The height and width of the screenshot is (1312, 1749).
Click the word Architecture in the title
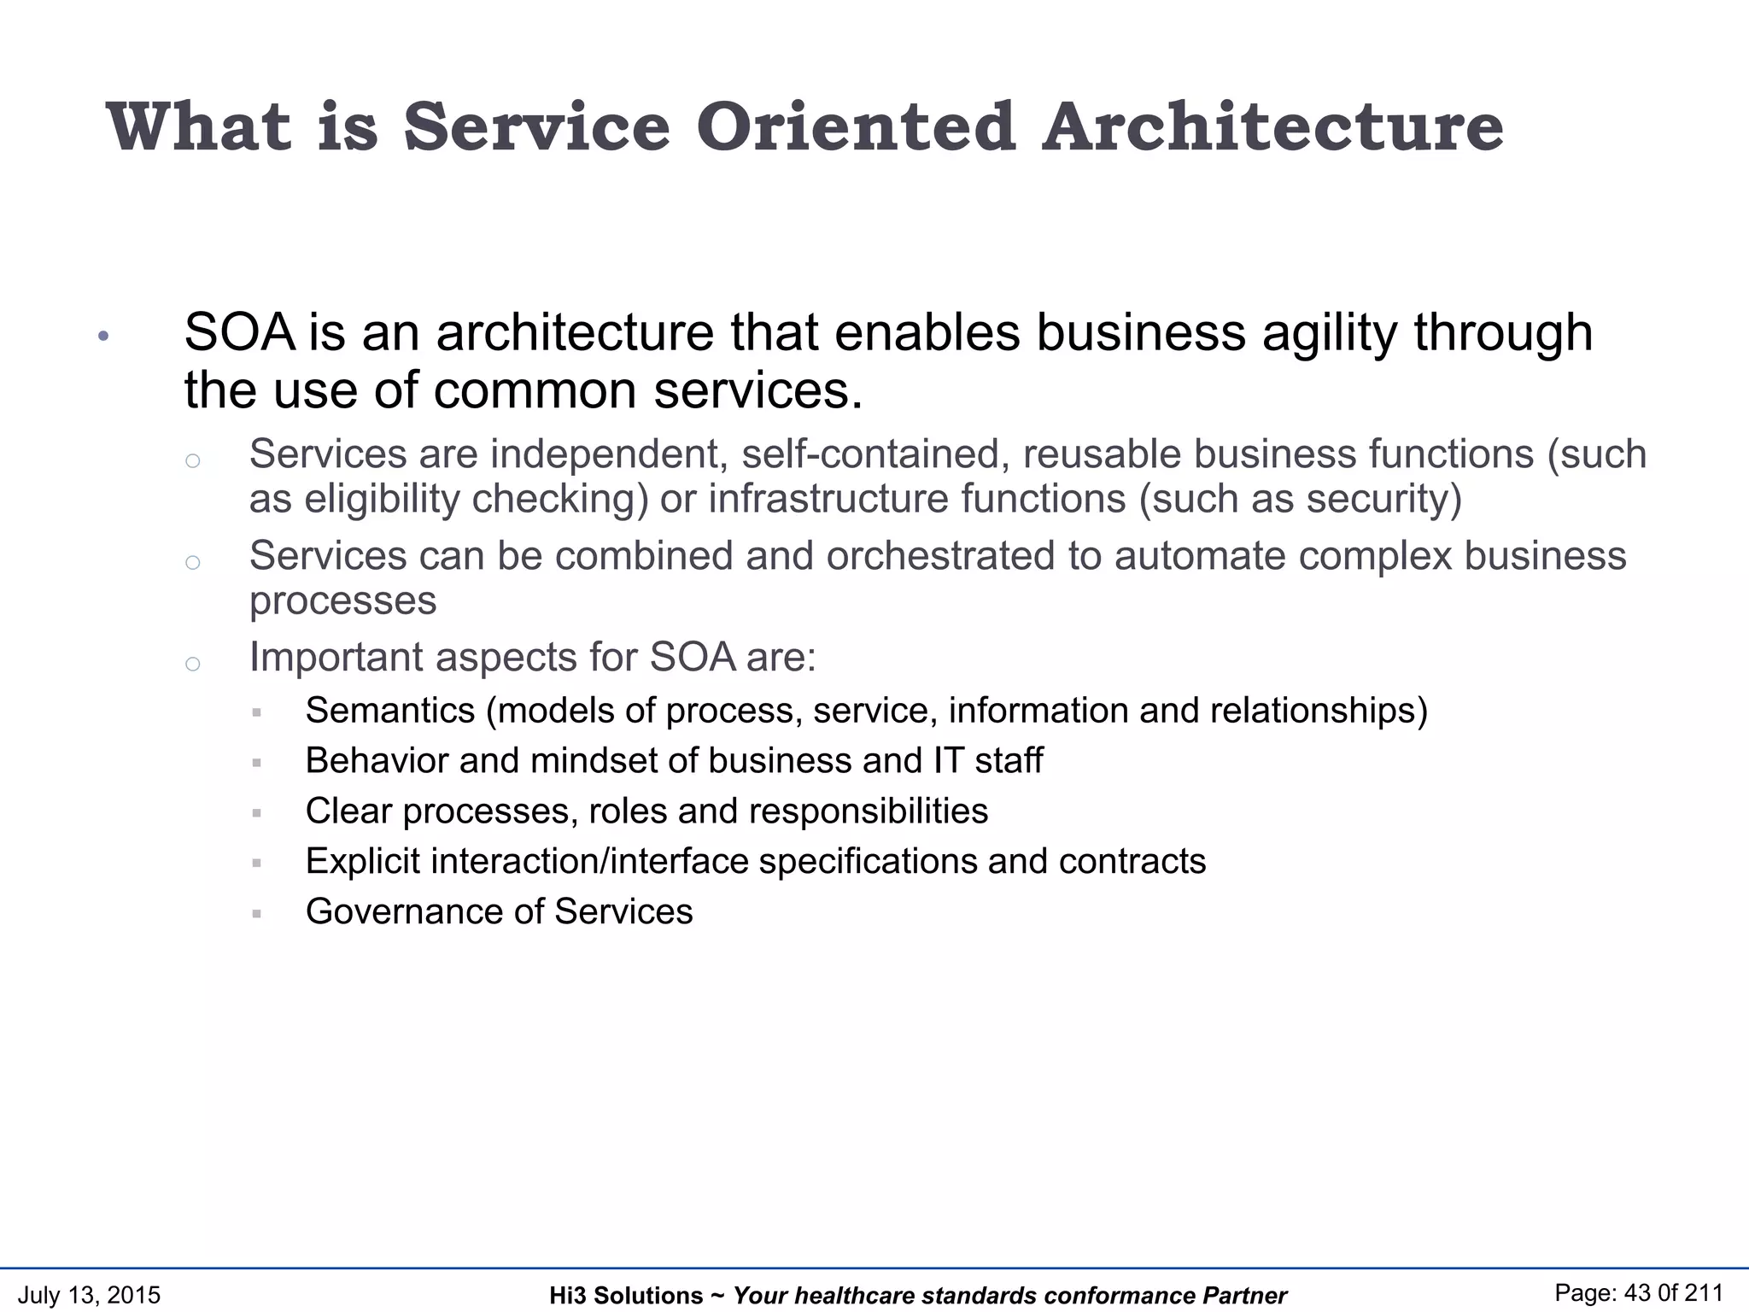(1272, 127)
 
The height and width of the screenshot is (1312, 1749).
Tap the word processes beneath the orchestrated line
(342, 600)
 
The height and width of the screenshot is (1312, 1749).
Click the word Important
(336, 658)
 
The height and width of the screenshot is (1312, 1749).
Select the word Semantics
(389, 711)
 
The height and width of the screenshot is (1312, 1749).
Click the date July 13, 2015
(89, 1295)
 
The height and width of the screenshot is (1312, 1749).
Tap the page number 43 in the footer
(1640, 1293)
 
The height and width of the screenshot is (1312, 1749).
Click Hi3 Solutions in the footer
(626, 1296)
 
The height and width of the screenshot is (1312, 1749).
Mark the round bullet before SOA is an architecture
(103, 337)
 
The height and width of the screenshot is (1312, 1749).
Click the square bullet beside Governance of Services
(256, 913)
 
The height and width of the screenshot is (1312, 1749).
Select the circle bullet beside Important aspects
(193, 664)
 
